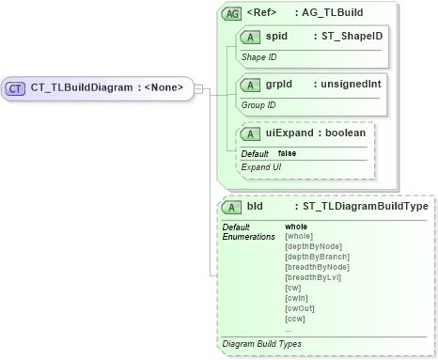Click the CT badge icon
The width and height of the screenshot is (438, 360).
(x=15, y=88)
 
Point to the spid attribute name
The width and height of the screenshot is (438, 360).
(x=276, y=37)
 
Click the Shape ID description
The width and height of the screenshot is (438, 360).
(x=259, y=57)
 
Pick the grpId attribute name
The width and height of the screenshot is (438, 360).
(x=279, y=84)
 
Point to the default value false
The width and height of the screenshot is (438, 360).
(x=288, y=153)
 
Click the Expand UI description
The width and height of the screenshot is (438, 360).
(x=261, y=166)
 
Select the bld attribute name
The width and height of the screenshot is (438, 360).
(x=256, y=206)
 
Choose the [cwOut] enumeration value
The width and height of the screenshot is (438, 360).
(x=300, y=308)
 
